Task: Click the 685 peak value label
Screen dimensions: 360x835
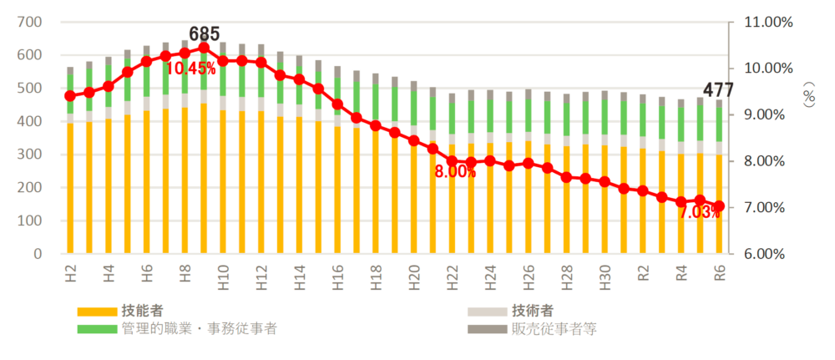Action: pyautogui.click(x=205, y=34)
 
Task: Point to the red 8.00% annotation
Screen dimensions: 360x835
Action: pyautogui.click(x=454, y=172)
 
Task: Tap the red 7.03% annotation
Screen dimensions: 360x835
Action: pyautogui.click(x=698, y=213)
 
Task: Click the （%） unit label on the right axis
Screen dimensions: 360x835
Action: pyautogui.click(x=809, y=98)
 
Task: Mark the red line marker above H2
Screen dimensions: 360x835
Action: pyautogui.click(x=70, y=96)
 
